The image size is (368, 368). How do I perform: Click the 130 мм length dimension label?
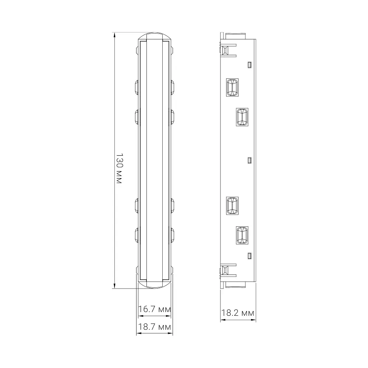(x=120, y=168)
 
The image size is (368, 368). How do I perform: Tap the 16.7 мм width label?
(x=155, y=309)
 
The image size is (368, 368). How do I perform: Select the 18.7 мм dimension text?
(x=155, y=327)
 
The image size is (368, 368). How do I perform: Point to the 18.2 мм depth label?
(x=238, y=313)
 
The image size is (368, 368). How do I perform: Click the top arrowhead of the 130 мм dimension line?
(x=114, y=35)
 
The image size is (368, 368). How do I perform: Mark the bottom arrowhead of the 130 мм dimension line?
(x=114, y=286)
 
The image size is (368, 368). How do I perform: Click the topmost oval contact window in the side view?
(x=232, y=87)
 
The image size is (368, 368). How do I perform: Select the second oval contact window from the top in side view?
(x=242, y=117)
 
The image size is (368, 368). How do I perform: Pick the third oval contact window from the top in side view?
(x=232, y=206)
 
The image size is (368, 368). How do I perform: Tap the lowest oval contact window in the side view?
(x=242, y=236)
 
